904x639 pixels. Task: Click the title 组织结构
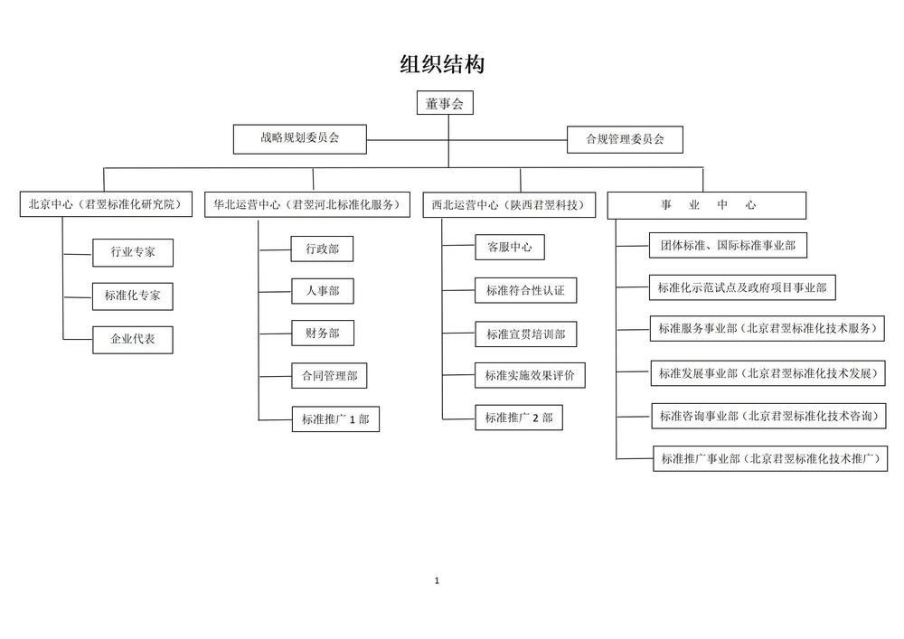(x=442, y=64)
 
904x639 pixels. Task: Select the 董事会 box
(x=445, y=103)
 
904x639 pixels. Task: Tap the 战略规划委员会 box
(x=300, y=139)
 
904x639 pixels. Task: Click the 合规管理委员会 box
(x=625, y=139)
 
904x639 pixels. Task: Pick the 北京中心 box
(x=106, y=204)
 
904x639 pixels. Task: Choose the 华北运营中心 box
(x=307, y=204)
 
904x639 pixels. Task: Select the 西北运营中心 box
(x=509, y=205)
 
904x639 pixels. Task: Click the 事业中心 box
(x=707, y=206)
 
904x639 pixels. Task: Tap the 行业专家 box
(x=133, y=252)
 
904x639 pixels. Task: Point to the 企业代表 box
(x=133, y=339)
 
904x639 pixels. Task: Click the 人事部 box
(x=323, y=291)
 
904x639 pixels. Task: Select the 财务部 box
(x=323, y=333)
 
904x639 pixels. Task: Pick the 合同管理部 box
(x=329, y=376)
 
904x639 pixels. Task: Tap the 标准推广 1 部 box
(x=335, y=418)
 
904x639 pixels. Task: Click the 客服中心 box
(x=510, y=247)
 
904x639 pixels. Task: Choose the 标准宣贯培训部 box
(x=526, y=334)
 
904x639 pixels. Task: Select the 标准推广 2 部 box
(x=519, y=418)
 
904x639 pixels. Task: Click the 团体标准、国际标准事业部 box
(x=728, y=246)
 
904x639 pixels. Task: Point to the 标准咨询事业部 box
(x=769, y=416)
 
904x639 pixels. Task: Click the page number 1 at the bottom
(x=437, y=581)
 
